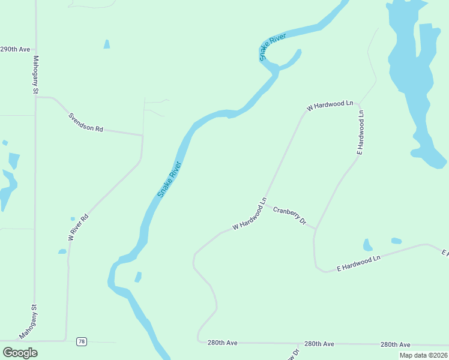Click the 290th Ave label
pyautogui.click(x=16, y=49)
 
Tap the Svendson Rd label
pyautogui.click(x=85, y=121)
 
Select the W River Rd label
pyautogui.click(x=78, y=227)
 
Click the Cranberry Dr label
pyautogui.click(x=290, y=216)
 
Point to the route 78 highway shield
pyautogui.click(x=82, y=341)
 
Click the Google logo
pyautogui.click(x=20, y=352)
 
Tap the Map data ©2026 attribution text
pyautogui.click(x=423, y=355)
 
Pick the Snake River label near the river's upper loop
pyautogui.click(x=273, y=47)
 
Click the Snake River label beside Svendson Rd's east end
pyautogui.click(x=169, y=179)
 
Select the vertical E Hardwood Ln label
pyautogui.click(x=361, y=132)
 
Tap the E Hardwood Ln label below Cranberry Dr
pyautogui.click(x=359, y=263)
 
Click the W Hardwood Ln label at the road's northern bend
pyautogui.click(x=330, y=106)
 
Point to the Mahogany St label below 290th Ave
pyautogui.click(x=35, y=75)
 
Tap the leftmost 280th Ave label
pyautogui.click(x=223, y=343)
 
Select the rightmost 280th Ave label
pyautogui.click(x=396, y=344)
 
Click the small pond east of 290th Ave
pyautogui.click(x=107, y=44)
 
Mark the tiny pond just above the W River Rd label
pyautogui.click(x=73, y=218)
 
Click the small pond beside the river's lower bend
pyautogui.click(x=138, y=277)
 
